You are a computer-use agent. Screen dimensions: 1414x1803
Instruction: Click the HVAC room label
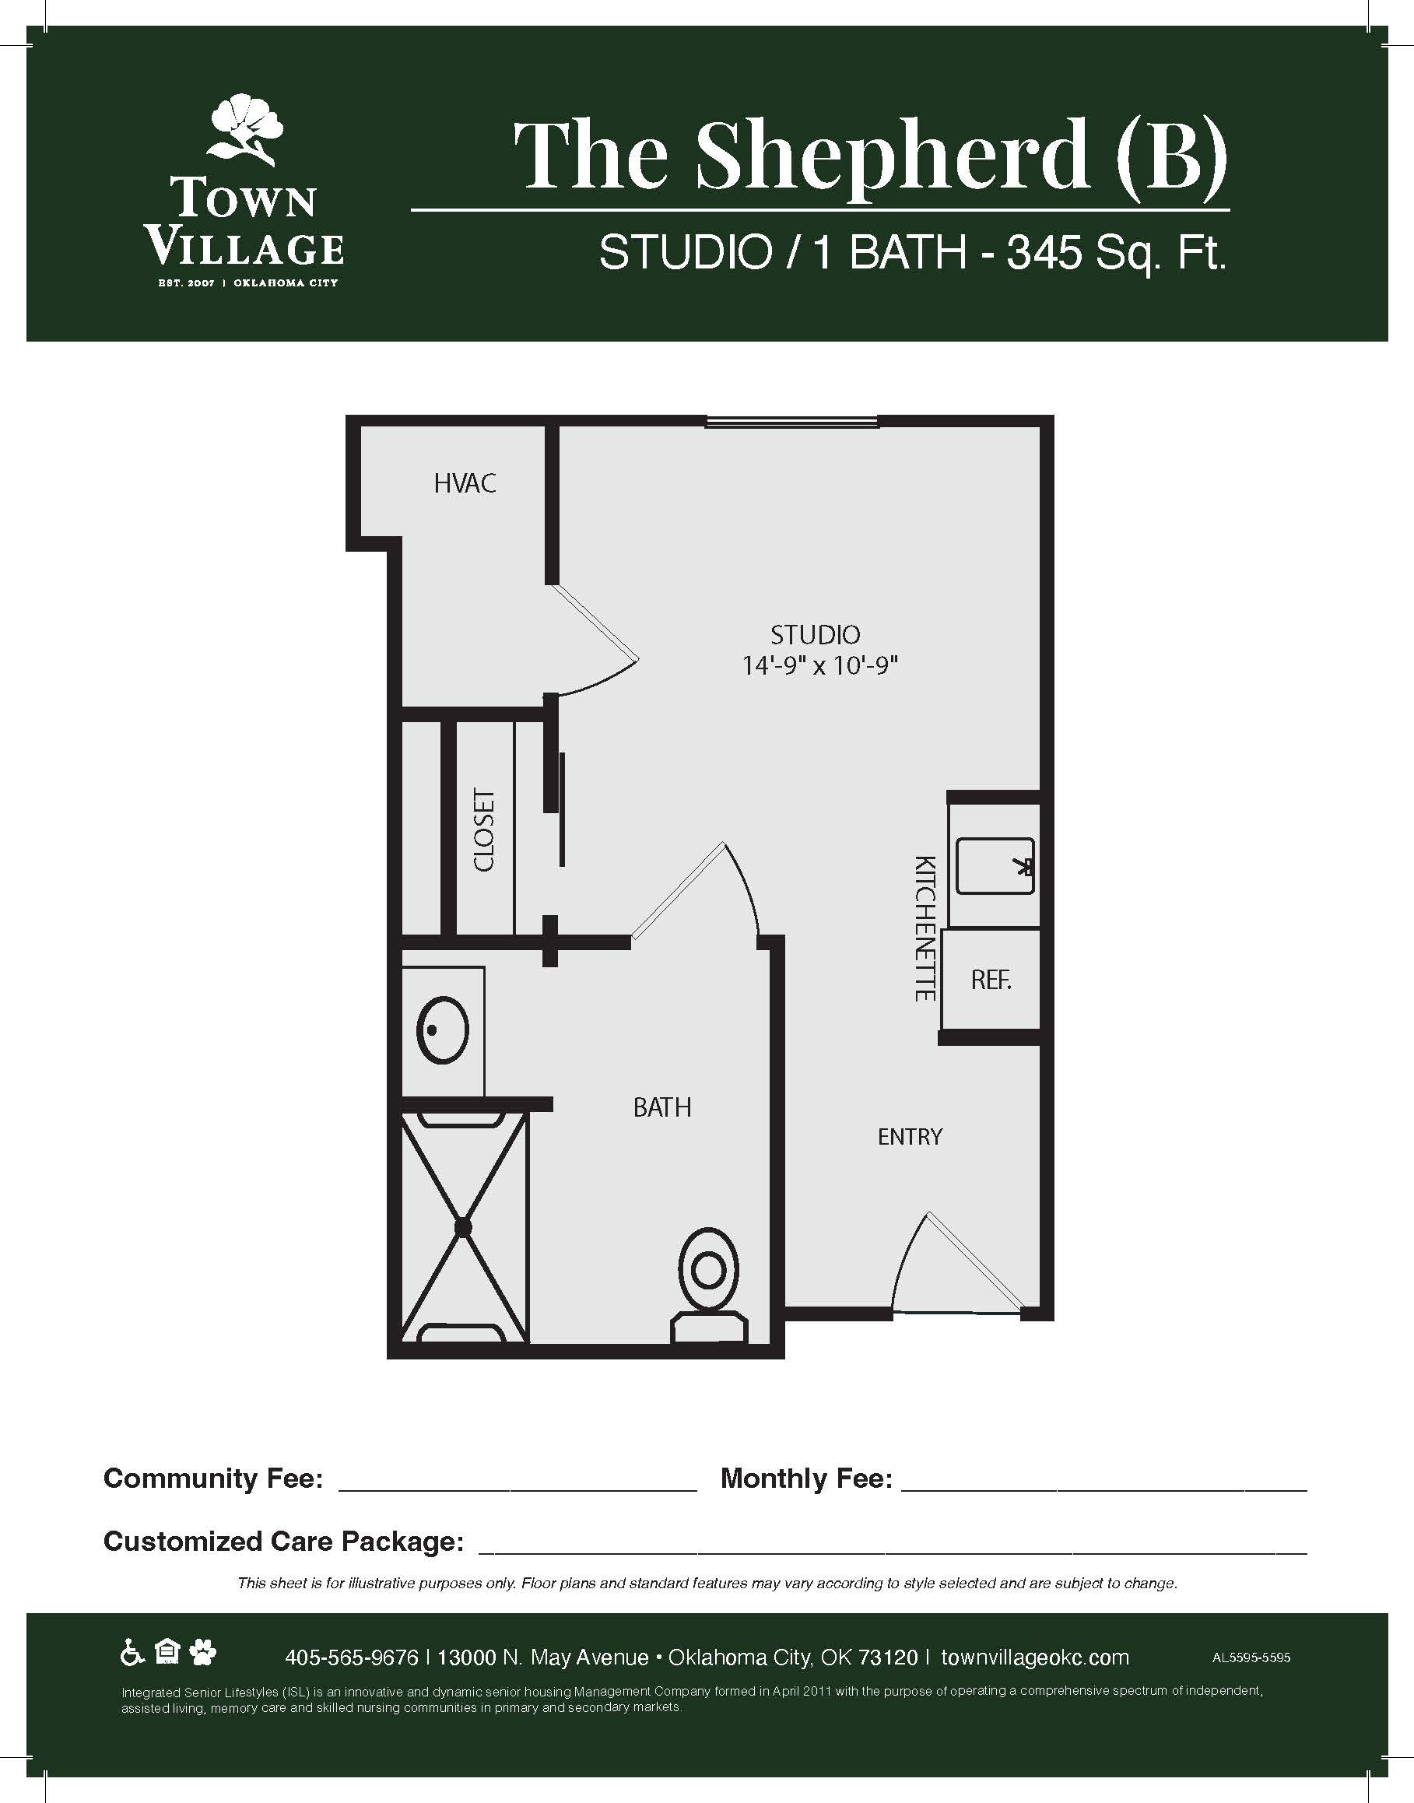(x=465, y=483)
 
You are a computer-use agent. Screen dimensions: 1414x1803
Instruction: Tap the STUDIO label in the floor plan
(x=816, y=635)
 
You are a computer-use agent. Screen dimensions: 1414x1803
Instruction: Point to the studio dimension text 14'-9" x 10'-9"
(x=820, y=665)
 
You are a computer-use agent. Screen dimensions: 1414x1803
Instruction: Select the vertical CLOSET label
(x=483, y=830)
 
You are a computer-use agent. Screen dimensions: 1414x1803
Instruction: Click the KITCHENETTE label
(x=925, y=928)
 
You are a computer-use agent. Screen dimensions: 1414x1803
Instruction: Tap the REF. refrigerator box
(x=991, y=980)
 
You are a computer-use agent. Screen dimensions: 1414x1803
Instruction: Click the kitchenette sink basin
(x=995, y=866)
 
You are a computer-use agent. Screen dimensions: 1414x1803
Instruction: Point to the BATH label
(x=661, y=1107)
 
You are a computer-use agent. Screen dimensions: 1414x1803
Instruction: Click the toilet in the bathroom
(x=708, y=1286)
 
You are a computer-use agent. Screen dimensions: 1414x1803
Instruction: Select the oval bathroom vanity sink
(x=443, y=1030)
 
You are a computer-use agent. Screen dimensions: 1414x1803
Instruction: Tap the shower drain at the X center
(x=463, y=1227)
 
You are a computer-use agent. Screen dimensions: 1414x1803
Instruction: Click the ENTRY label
(x=910, y=1137)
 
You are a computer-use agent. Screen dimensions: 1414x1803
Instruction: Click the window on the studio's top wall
(x=791, y=423)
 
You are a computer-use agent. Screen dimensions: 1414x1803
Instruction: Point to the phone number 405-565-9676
(x=351, y=1657)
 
